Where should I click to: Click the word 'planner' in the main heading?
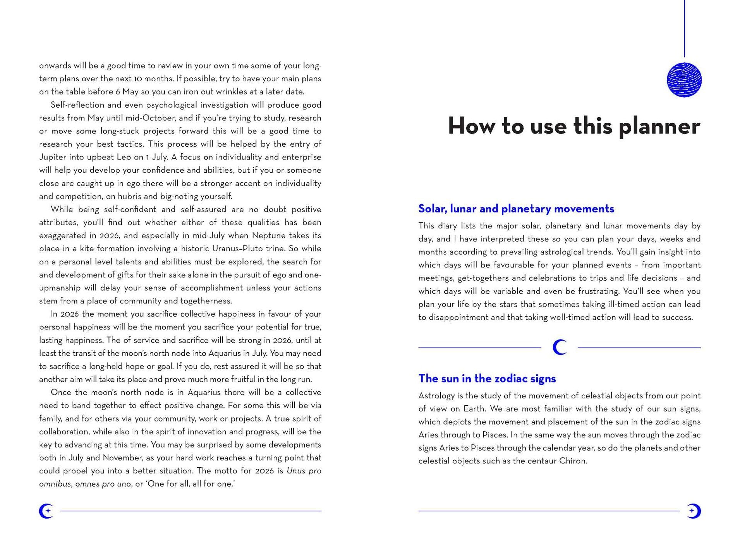pyautogui.click(x=659, y=127)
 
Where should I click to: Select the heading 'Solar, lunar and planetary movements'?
pyautogui.click(x=516, y=209)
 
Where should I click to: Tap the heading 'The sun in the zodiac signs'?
pyautogui.click(x=487, y=378)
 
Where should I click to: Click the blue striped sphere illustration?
pyautogui.click(x=684, y=80)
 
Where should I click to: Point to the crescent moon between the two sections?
pyautogui.click(x=559, y=347)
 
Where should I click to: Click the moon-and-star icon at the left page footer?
pyautogui.click(x=46, y=511)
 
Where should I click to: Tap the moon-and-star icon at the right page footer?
pyautogui.click(x=694, y=511)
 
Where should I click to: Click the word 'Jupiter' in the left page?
pyautogui.click(x=53, y=157)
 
